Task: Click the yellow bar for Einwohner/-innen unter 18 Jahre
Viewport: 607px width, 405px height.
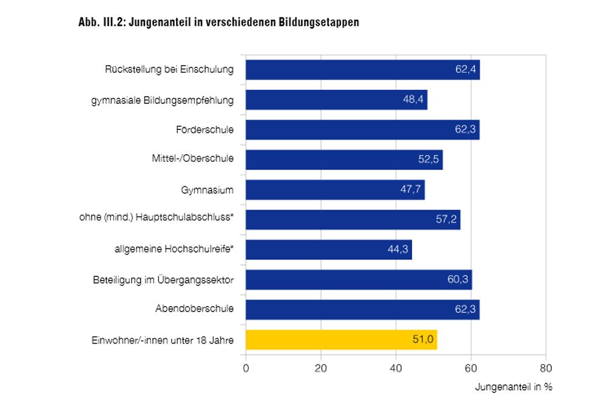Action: [341, 339]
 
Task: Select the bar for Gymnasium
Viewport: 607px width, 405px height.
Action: [335, 190]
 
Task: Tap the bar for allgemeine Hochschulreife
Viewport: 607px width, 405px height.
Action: [328, 250]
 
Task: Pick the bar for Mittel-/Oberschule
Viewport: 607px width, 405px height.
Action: [344, 160]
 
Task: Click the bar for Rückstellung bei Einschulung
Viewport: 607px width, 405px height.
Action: [362, 70]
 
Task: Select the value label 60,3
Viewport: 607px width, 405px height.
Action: [459, 279]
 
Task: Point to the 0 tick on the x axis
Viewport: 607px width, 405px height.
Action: [246, 368]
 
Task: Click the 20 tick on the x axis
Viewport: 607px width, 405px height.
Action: [321, 368]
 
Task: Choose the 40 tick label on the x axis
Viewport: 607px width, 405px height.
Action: [396, 368]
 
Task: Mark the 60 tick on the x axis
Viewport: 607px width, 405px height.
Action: [471, 368]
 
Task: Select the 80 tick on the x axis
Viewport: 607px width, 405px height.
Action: [546, 368]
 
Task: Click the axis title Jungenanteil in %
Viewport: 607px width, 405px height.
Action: [513, 387]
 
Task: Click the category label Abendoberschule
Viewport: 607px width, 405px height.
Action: [194, 309]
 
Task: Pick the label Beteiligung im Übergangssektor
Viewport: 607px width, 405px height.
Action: [163, 279]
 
